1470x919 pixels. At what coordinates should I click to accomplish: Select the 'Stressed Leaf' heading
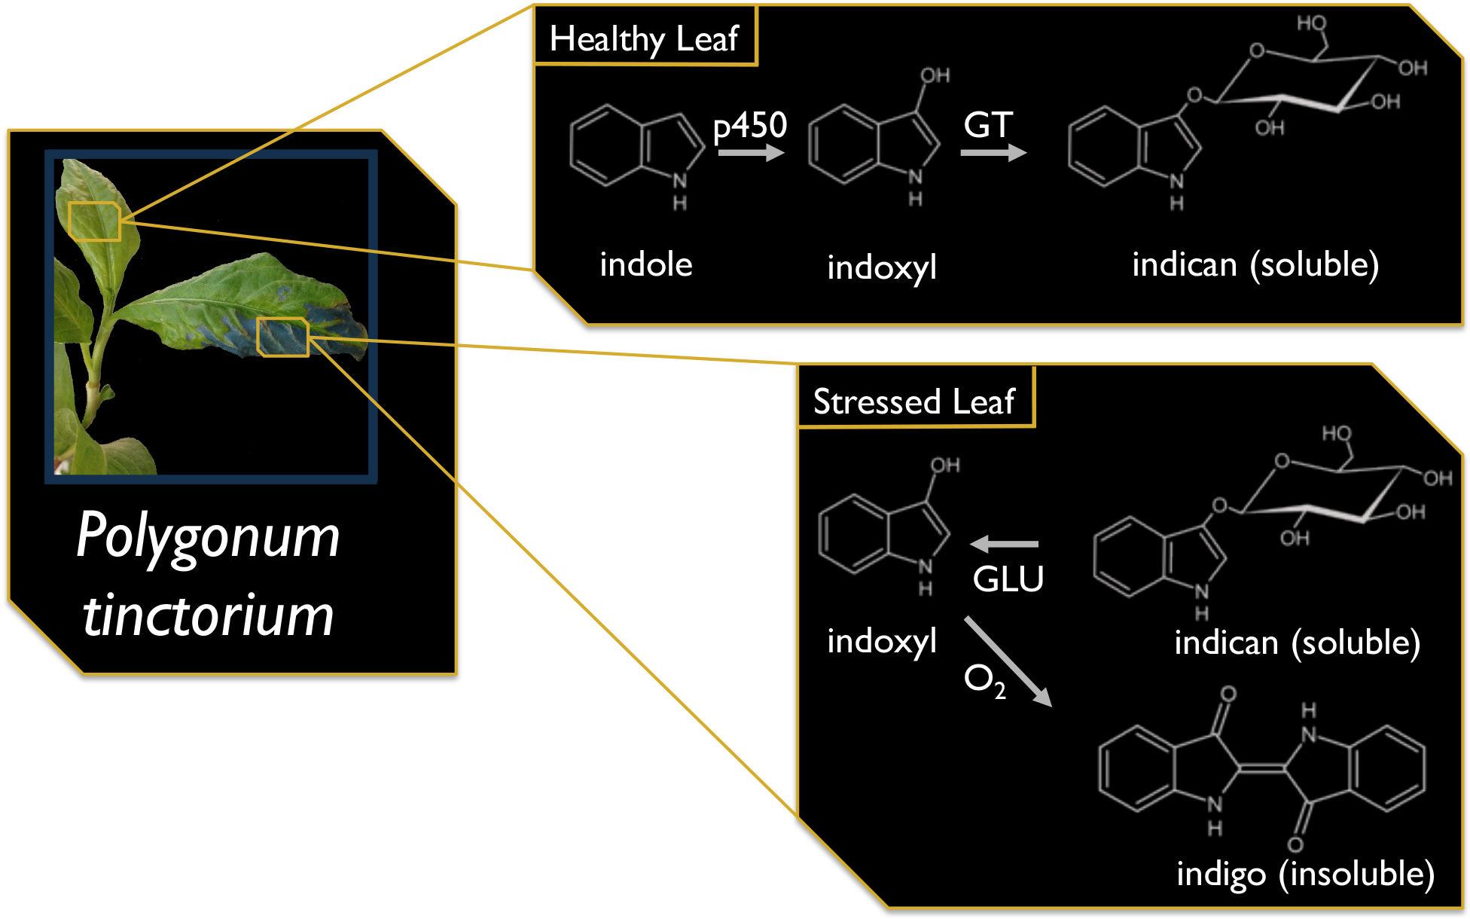[914, 401]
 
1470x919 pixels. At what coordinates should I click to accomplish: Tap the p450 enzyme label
[750, 126]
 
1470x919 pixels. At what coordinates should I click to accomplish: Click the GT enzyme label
[988, 125]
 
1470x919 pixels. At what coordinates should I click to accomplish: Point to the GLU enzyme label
[1008, 579]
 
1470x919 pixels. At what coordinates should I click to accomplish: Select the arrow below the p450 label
[751, 153]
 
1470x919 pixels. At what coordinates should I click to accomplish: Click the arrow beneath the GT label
[993, 153]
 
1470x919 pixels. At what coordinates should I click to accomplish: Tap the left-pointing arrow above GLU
[1004, 543]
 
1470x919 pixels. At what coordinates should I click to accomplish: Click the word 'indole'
[646, 264]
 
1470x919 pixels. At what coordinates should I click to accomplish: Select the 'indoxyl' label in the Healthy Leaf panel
[882, 267]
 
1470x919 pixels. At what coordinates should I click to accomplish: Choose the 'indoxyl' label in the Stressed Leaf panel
[882, 641]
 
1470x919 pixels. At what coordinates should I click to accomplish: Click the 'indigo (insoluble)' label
[1305, 874]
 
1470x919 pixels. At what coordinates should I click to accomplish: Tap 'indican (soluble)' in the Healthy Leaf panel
[1255, 264]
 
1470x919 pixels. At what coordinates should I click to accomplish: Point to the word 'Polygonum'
[208, 536]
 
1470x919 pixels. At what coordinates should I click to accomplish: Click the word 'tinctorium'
[208, 615]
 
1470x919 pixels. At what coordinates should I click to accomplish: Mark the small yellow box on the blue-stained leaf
[282, 337]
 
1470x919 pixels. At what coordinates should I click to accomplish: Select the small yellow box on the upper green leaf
[94, 221]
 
